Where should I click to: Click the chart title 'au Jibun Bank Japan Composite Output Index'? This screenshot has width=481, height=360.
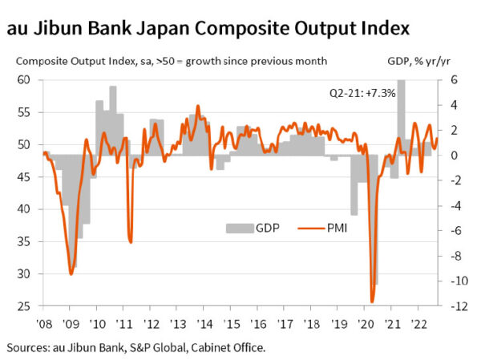click(x=208, y=30)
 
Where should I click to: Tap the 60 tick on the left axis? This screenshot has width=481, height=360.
click(x=23, y=80)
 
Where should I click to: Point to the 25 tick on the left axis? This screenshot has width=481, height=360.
click(x=23, y=307)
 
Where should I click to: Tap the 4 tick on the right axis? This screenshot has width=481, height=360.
click(x=453, y=105)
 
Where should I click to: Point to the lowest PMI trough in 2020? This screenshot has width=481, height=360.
click(x=372, y=301)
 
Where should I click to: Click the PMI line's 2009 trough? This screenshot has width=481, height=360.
click(x=71, y=273)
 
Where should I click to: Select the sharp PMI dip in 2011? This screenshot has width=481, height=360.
click(x=130, y=241)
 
